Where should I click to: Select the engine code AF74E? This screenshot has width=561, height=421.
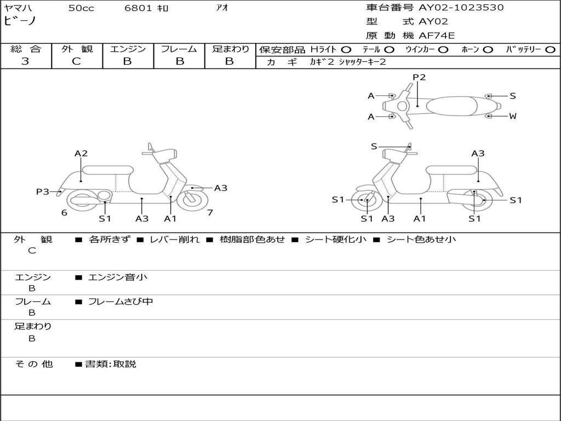click(x=437, y=36)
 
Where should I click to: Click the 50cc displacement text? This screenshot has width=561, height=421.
click(x=81, y=8)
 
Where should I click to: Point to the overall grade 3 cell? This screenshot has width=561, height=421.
click(x=25, y=61)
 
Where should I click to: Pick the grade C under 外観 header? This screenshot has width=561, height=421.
click(x=77, y=61)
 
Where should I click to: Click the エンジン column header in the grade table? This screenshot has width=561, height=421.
click(x=128, y=49)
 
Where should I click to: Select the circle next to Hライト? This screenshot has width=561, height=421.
click(x=346, y=50)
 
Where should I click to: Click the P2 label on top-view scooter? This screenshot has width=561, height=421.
click(x=419, y=77)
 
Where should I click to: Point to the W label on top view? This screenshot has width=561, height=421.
click(x=513, y=116)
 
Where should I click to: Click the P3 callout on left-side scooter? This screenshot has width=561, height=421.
click(x=43, y=191)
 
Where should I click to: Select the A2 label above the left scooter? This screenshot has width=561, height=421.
click(x=81, y=153)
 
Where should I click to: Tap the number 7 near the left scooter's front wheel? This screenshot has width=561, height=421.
click(x=210, y=213)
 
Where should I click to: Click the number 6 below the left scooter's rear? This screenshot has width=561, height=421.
click(x=64, y=213)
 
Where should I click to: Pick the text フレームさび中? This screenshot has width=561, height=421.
click(x=121, y=301)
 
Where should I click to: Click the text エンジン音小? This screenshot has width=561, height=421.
click(x=117, y=277)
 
